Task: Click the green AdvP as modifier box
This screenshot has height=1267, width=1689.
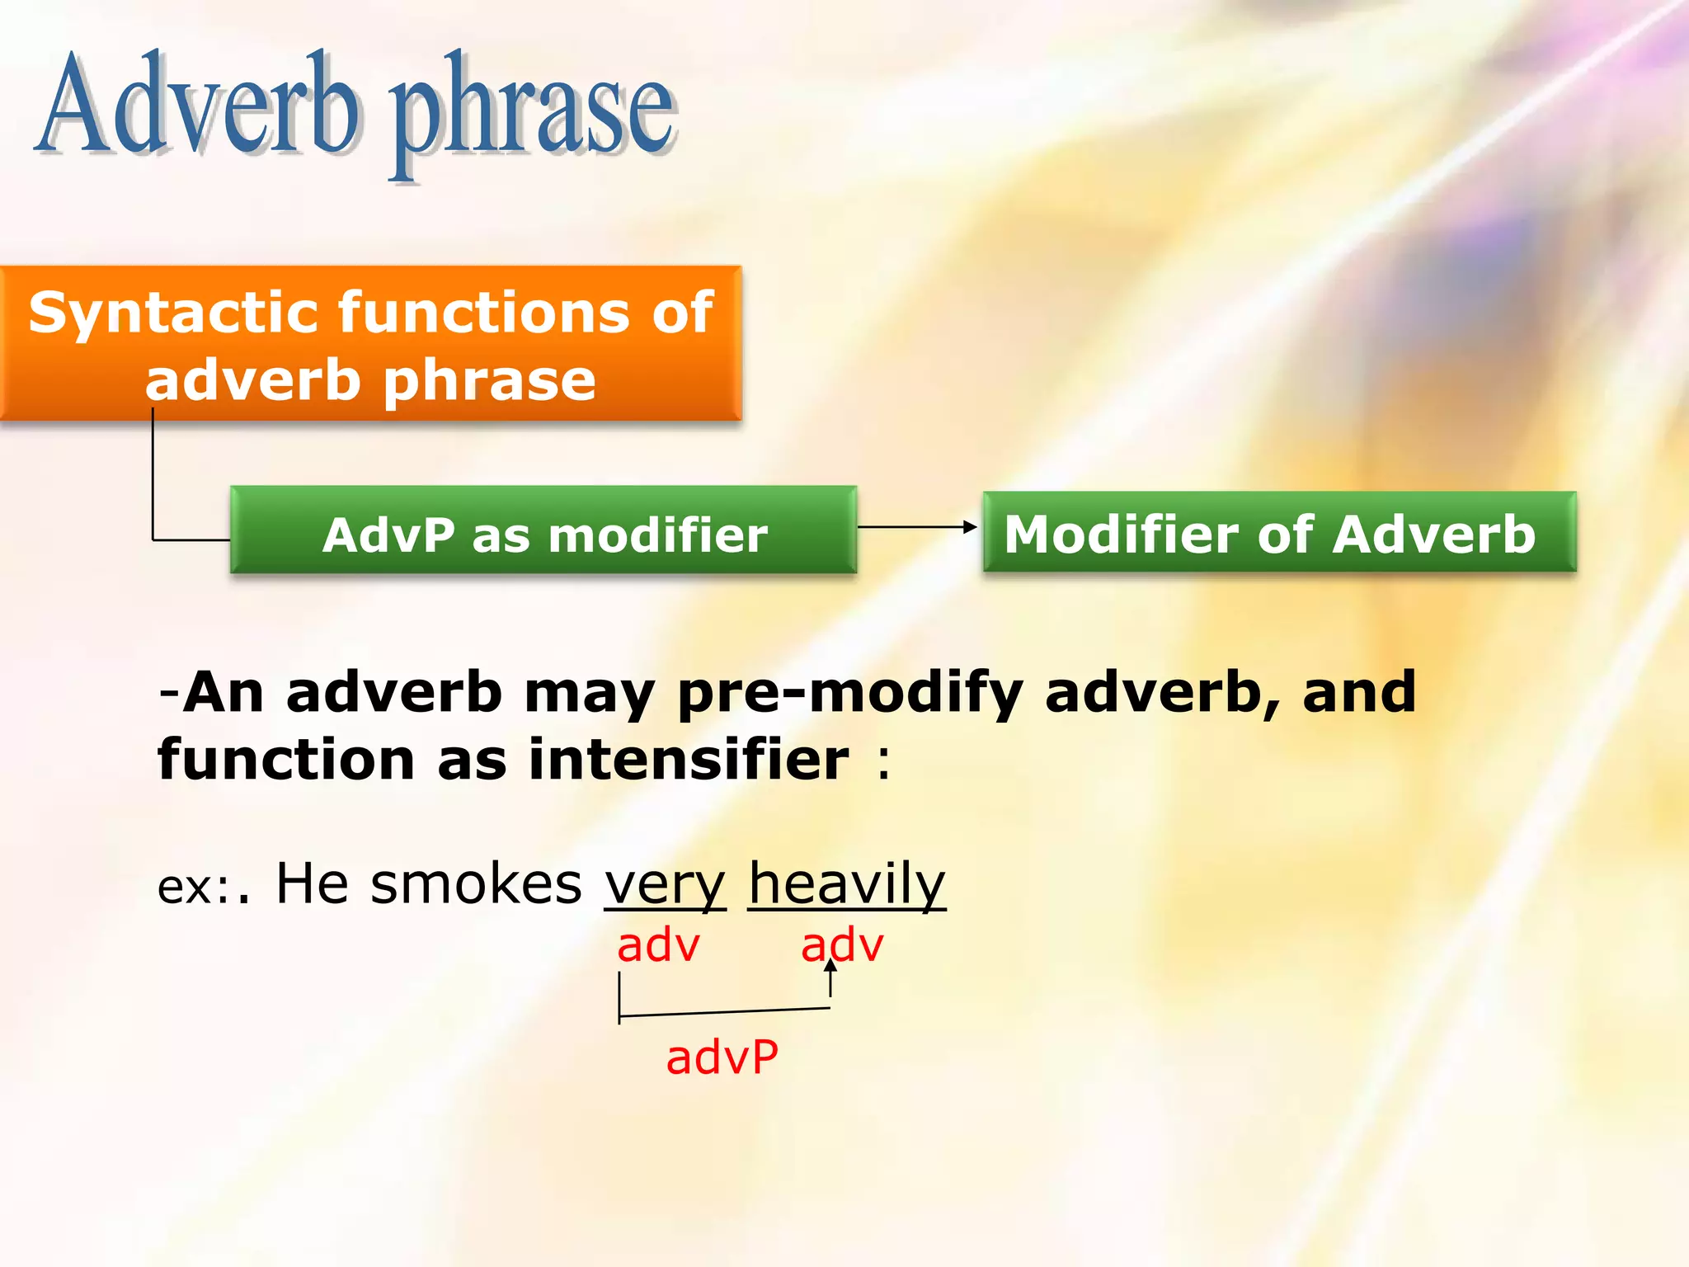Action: pos(543,533)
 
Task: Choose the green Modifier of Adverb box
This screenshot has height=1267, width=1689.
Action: pos(1278,533)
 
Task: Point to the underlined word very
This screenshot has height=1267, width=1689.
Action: pos(665,884)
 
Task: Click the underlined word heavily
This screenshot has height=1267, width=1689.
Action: pos(846,884)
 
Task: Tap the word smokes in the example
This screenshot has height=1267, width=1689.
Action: pos(476,884)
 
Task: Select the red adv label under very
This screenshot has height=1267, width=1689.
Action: pos(658,945)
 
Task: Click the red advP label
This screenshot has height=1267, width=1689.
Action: pos(722,1057)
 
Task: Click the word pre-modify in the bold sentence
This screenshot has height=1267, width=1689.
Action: pos(850,693)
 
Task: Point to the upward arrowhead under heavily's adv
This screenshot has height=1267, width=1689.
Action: pos(830,965)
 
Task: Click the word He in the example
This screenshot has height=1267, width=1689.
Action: pos(312,884)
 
